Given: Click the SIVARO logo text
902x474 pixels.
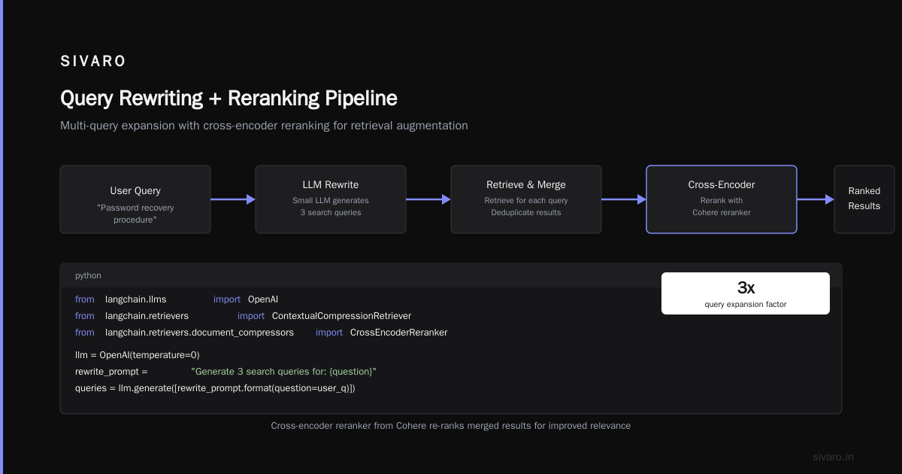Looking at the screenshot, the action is [92, 61].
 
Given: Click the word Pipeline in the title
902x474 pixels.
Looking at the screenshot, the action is [361, 99].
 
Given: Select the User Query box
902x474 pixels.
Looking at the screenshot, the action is [135, 199].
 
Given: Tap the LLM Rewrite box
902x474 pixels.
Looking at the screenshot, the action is [331, 199].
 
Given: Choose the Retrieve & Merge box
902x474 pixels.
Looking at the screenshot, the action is [526, 199].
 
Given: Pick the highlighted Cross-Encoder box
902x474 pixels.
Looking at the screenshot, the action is [721, 199].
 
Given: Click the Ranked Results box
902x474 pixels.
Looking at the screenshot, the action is [864, 199].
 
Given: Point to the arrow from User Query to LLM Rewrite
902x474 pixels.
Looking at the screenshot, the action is [233, 199].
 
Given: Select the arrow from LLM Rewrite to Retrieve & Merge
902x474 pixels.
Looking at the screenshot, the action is [428, 199].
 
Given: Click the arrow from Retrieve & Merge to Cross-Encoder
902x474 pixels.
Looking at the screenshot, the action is [623, 199].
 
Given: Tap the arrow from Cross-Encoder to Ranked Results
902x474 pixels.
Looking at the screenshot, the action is [816, 199].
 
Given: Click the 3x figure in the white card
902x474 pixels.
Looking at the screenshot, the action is [746, 287].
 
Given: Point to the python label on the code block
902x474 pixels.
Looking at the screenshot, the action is [88, 275].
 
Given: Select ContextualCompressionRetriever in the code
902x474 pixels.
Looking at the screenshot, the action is [341, 316].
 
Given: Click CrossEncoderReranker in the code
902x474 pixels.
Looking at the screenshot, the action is [398, 333].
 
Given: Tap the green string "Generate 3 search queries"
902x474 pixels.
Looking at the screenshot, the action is [283, 372].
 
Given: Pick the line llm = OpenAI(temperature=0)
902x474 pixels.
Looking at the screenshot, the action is [138, 355].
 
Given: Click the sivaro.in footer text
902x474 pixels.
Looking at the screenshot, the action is [833, 457].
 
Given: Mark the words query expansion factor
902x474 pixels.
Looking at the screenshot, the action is [746, 305].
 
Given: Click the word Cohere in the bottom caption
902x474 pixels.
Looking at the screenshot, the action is [410, 426].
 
